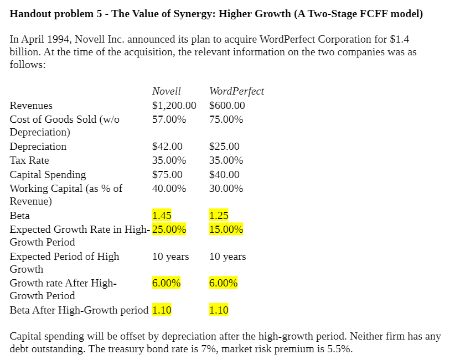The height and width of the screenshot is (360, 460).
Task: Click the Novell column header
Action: pos(166,91)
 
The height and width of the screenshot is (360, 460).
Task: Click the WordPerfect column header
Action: pos(236,91)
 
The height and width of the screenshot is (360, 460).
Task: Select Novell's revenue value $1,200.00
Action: pos(174,106)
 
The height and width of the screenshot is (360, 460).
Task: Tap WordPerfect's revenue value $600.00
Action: pos(227,106)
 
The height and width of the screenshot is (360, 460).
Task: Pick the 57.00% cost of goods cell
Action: pos(169,119)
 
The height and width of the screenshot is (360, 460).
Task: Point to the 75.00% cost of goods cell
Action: pos(226,119)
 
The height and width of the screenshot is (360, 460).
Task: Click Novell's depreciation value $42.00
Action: pos(167,147)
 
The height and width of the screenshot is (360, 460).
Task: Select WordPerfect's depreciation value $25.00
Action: pos(224,147)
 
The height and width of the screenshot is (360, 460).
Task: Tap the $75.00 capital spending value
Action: pos(167,175)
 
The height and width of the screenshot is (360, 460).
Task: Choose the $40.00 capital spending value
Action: pos(224,175)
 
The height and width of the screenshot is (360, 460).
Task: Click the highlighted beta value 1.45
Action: pos(162,216)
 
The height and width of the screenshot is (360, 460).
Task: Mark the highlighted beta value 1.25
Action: pos(219,216)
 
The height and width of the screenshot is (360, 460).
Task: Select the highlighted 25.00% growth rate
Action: pos(169,229)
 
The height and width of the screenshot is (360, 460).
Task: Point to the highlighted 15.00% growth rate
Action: pos(226,229)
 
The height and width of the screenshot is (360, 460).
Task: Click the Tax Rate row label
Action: pos(29,160)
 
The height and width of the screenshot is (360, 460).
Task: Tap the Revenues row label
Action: pos(31,106)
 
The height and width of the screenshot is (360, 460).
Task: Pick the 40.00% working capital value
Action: pos(169,189)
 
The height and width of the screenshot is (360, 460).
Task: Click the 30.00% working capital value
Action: pos(226,189)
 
